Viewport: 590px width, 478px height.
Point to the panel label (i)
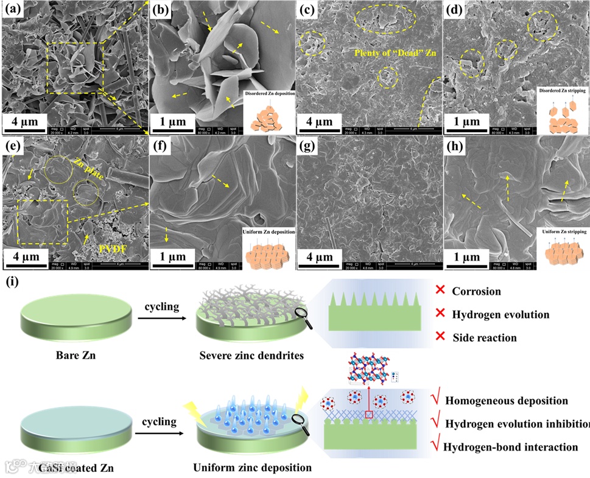click(12, 283)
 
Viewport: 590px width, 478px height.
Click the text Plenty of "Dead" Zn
click(388, 54)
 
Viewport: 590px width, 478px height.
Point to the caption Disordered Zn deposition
click(268, 94)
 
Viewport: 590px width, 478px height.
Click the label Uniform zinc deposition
click(252, 468)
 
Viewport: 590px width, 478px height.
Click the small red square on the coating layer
click(368, 415)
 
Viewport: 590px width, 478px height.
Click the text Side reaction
click(484, 337)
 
